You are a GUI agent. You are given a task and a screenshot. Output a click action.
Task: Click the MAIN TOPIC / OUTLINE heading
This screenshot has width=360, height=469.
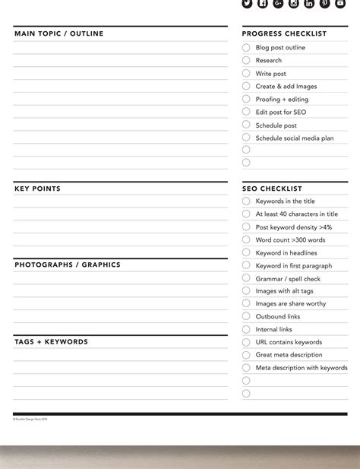coord(58,34)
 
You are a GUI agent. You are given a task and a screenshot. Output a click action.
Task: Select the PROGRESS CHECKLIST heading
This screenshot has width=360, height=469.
coord(284,34)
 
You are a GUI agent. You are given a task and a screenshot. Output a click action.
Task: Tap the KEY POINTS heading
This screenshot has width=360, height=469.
coord(37,189)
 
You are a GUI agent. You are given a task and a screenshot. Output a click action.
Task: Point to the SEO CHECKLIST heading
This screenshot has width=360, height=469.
coord(272,189)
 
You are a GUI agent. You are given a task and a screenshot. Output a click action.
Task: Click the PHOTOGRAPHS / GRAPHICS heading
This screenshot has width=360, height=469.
coord(67,265)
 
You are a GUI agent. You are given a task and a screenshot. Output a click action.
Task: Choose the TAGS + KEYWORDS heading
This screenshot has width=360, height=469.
coord(51,342)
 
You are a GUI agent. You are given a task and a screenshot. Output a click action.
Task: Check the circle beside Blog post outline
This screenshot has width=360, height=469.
coord(246,48)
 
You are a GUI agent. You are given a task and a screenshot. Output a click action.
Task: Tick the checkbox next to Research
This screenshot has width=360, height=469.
coord(246,61)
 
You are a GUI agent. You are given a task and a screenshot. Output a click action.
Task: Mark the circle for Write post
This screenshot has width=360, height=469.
coord(246,74)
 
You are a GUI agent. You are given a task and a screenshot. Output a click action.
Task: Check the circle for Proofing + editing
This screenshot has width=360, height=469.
coord(246,99)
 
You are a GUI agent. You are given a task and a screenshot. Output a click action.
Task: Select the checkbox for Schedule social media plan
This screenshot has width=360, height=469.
coord(246,138)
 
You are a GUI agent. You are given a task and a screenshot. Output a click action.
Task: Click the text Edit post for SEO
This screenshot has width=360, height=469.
coord(281,112)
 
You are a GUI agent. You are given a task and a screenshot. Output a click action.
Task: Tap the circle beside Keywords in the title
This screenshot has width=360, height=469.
coord(246,201)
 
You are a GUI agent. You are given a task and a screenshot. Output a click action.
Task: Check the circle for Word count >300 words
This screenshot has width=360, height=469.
coord(246,240)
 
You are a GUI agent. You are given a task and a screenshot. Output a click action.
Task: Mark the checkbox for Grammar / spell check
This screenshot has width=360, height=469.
coord(246,278)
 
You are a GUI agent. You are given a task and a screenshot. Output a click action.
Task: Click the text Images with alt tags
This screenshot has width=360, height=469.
coord(284,291)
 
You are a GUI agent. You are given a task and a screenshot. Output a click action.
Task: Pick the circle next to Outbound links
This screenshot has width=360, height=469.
coord(246,316)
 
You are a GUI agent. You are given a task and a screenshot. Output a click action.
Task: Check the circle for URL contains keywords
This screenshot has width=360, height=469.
coord(246,342)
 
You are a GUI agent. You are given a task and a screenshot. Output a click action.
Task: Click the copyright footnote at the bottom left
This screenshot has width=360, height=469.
coord(30,419)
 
